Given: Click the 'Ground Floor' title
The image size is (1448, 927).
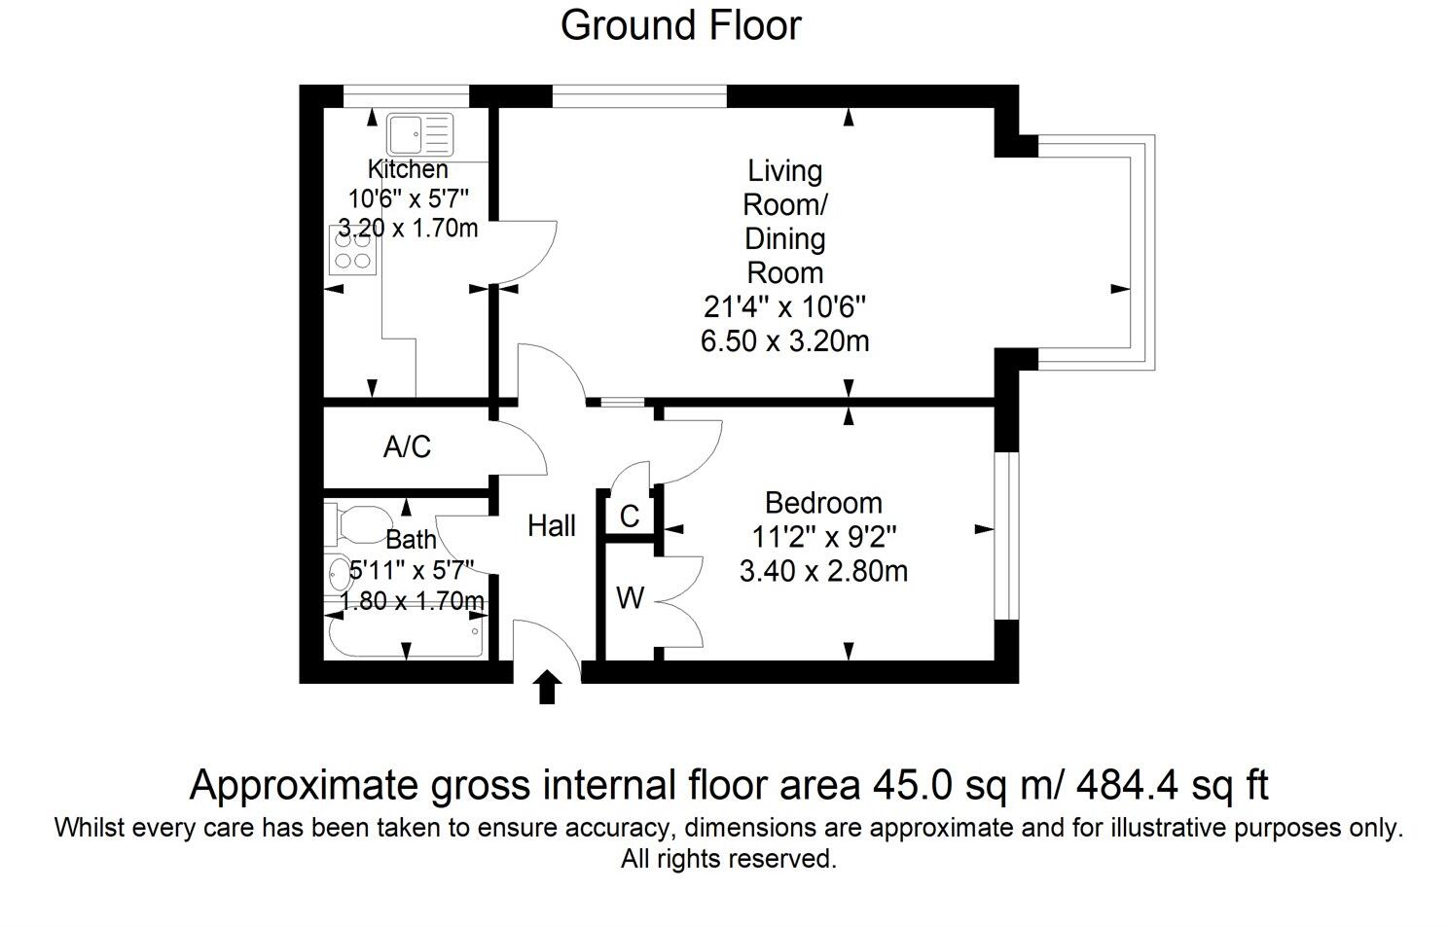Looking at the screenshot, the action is coord(680,26).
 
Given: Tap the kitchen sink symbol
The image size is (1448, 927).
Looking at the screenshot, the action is coord(419,134).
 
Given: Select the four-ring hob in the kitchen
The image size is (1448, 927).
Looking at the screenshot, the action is coord(353,250).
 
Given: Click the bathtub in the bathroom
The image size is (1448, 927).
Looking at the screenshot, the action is coord(406,635).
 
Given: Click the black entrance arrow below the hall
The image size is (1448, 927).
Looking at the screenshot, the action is coord(547,686).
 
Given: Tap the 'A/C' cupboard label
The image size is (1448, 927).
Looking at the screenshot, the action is coord(407,447).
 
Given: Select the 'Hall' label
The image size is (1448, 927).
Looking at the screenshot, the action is coord(552,526).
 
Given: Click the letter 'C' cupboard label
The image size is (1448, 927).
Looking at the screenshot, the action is coord(629,517).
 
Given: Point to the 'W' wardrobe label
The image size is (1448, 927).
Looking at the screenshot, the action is coord(630,598).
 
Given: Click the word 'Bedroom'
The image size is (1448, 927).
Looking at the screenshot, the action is coord(823,503).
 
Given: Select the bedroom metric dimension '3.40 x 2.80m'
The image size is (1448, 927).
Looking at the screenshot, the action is coord(823,571).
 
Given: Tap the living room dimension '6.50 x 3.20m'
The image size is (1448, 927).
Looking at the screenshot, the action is coord(784,341).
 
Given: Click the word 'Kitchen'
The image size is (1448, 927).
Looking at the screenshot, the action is coord(408,169).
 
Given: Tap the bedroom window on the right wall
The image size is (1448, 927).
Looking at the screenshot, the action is coord(1006,536).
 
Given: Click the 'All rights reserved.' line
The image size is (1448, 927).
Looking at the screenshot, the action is coord(729,859).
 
